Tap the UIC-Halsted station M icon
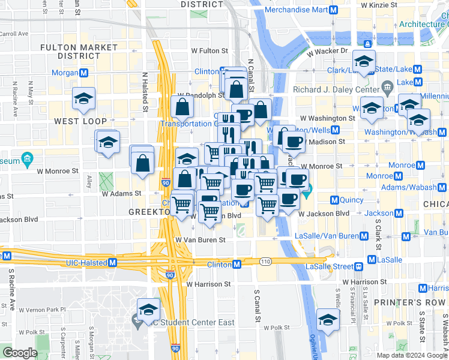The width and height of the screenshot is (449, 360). point(112,262)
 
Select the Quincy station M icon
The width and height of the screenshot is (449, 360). point(335,200)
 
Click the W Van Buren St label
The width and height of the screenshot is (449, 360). point(200,239)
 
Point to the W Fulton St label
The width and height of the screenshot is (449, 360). point(209,52)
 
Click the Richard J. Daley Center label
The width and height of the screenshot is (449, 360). point(336,90)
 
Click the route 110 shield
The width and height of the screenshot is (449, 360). point(266,262)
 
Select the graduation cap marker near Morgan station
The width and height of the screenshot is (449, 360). point(83,99)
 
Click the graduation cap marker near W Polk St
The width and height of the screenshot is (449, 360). point(328,319)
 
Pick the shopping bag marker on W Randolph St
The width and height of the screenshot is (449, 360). point(181,107)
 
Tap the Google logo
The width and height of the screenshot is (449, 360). point(20,353)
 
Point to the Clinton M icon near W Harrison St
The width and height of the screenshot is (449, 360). point(237,265)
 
